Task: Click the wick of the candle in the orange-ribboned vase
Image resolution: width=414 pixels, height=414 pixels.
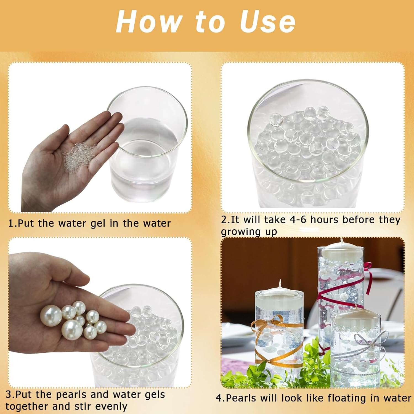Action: [x=280, y=284]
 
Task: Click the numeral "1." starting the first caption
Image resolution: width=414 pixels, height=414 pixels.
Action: [x=13, y=223]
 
